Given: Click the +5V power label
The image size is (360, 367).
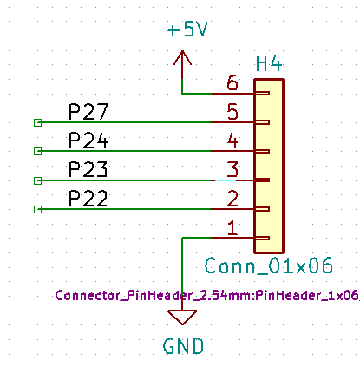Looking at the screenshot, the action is (187, 29).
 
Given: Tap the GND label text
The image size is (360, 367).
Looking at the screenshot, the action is (183, 346).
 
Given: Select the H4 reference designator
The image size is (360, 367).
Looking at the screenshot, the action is (269, 64).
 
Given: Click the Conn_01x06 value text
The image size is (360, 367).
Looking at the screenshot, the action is (269, 265).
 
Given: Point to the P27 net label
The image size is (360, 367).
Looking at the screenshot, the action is (88, 112).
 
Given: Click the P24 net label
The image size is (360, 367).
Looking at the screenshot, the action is (88, 141).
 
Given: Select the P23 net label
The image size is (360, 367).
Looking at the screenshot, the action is (88, 169).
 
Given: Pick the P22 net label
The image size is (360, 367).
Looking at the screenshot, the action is (88, 199).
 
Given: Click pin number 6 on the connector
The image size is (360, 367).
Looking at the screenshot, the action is (232, 82).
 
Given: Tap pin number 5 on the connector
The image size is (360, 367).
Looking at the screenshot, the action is (232, 112).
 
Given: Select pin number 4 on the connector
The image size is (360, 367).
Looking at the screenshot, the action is (232, 141).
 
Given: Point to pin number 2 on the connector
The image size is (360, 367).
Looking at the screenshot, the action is (232, 199).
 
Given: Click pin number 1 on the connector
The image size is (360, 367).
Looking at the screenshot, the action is (232, 227).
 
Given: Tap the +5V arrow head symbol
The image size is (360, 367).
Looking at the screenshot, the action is (182, 57).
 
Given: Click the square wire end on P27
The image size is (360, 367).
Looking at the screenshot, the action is (37, 122).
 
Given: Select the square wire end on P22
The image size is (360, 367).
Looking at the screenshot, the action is (37, 209).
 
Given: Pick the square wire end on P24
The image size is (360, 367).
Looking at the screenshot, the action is (37, 151).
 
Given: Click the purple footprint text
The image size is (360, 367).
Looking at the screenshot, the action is (207, 295).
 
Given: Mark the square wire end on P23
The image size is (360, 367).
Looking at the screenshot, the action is (37, 180).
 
